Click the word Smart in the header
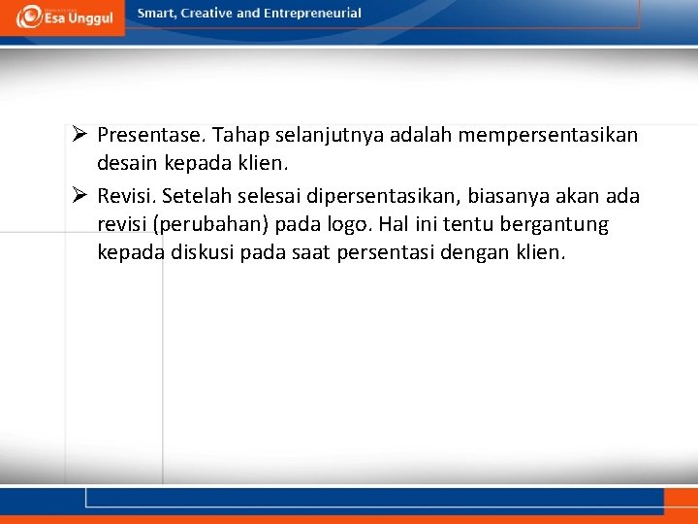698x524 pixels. [157, 14]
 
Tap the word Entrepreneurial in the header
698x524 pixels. [312, 14]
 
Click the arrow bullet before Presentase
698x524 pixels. [80, 135]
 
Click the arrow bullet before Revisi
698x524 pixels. [80, 196]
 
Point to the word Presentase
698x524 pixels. [149, 135]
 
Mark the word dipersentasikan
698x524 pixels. [377, 196]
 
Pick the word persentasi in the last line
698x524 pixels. [371, 253]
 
